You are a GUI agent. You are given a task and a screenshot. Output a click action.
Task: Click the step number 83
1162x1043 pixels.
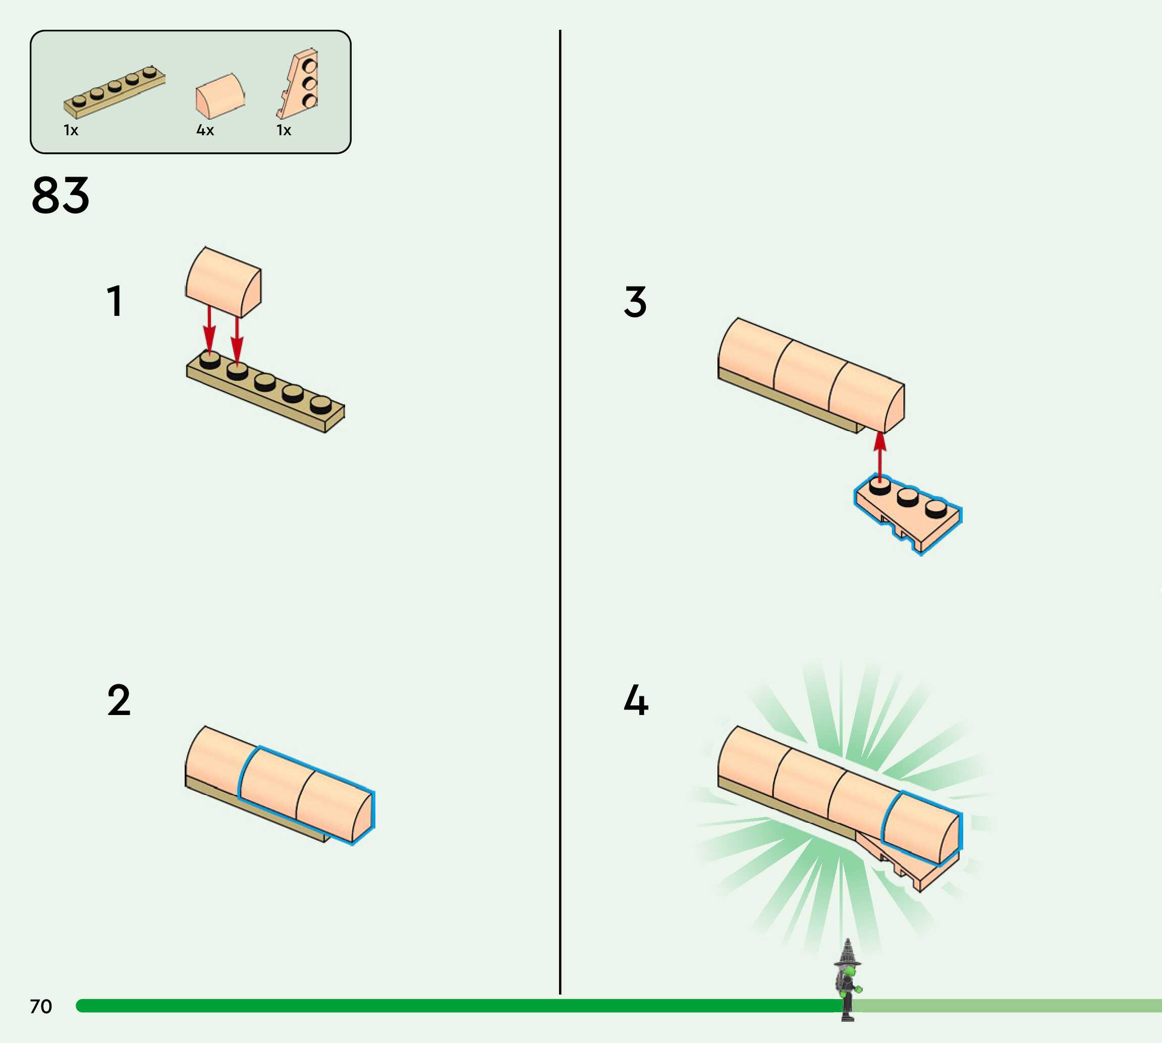pos(60,195)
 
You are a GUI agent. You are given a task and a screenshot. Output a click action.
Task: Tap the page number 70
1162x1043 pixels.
pos(41,1006)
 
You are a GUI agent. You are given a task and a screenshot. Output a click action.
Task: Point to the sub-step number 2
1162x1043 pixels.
pos(119,700)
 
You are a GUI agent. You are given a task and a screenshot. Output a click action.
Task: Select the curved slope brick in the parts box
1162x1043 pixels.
pos(220,96)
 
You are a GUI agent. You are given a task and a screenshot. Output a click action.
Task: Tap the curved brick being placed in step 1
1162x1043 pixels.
pos(223,282)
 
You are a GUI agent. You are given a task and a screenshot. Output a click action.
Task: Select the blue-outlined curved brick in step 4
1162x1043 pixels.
pos(920,828)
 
